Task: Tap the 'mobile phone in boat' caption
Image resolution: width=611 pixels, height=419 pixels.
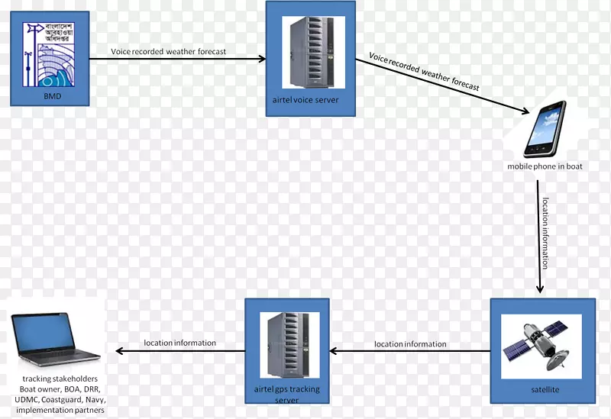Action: pos(545,166)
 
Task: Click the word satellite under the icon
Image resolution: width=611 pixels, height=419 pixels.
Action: pos(545,390)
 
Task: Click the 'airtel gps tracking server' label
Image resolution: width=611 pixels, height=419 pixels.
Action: pos(286,395)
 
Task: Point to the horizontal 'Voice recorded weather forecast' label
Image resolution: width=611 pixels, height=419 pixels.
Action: pos(168,52)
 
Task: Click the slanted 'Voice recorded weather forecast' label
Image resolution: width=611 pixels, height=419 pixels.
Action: pos(424,72)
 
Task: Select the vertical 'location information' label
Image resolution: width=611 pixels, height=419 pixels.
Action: pos(545,234)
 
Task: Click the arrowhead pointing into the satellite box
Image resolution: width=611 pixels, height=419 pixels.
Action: pos(540,289)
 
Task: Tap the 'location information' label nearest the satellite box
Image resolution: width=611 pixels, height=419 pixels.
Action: pos(410,344)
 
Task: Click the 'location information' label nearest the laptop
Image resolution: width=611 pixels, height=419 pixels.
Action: pos(180,343)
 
